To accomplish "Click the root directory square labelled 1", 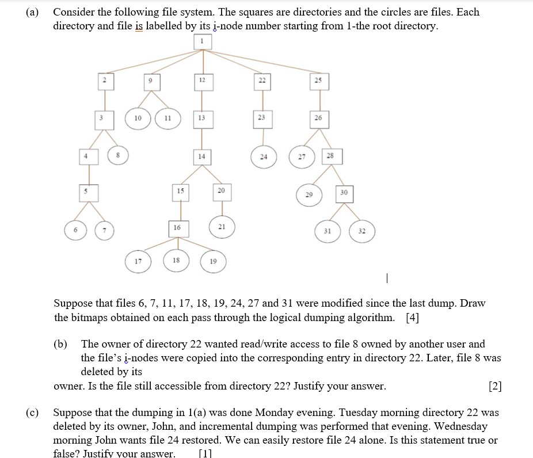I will point(201,41).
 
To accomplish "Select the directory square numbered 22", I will point(262,81).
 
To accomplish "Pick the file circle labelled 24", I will point(263,156).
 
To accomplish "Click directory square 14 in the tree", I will point(201,156).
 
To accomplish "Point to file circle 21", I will point(222,227).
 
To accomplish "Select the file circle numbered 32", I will point(361,231).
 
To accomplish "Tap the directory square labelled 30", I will point(344,193).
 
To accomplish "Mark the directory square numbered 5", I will point(88,192).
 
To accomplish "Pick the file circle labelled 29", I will point(309,195).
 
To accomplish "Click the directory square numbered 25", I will point(318,81).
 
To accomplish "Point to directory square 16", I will point(177,228).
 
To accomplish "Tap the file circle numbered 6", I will point(74,231).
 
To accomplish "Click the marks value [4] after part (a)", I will point(412,317).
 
